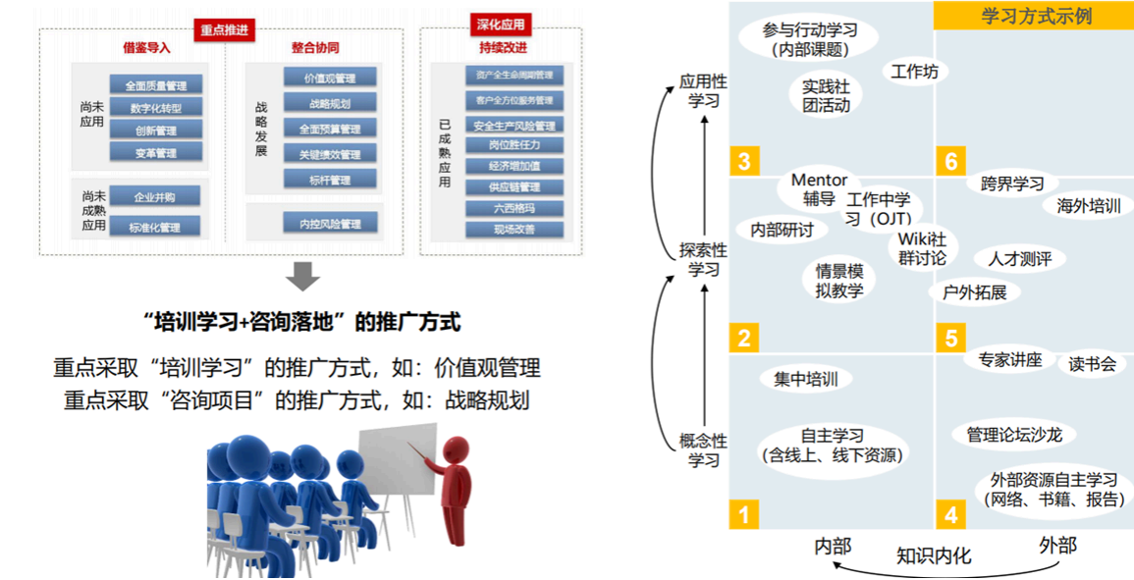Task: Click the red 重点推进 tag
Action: coord(224,30)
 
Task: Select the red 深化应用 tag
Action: coord(500,25)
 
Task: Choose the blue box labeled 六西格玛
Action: coord(514,208)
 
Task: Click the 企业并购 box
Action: coord(155,197)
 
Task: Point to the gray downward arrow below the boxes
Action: coord(303,276)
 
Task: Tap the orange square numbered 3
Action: coord(743,161)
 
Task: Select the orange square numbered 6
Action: coord(949,161)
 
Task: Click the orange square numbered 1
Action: coord(743,513)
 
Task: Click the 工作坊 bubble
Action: coord(914,72)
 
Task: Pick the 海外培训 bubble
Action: coord(1088,206)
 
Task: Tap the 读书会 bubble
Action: coord(1092,364)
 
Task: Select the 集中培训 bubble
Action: coord(805,380)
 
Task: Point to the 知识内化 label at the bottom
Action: coord(934,555)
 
